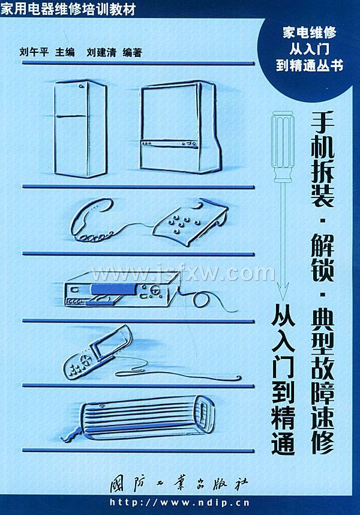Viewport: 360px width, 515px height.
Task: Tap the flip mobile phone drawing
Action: (98, 351)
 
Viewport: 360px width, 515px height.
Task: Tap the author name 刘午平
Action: (34, 52)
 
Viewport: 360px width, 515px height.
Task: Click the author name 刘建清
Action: (101, 52)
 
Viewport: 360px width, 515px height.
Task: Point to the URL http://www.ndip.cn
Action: (179, 502)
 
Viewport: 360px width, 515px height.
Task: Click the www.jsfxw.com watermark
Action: (182, 273)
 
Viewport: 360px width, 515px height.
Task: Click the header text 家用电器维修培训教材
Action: (68, 10)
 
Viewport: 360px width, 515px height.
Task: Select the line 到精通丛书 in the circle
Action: (310, 65)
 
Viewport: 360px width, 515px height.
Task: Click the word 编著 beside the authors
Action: (132, 52)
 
